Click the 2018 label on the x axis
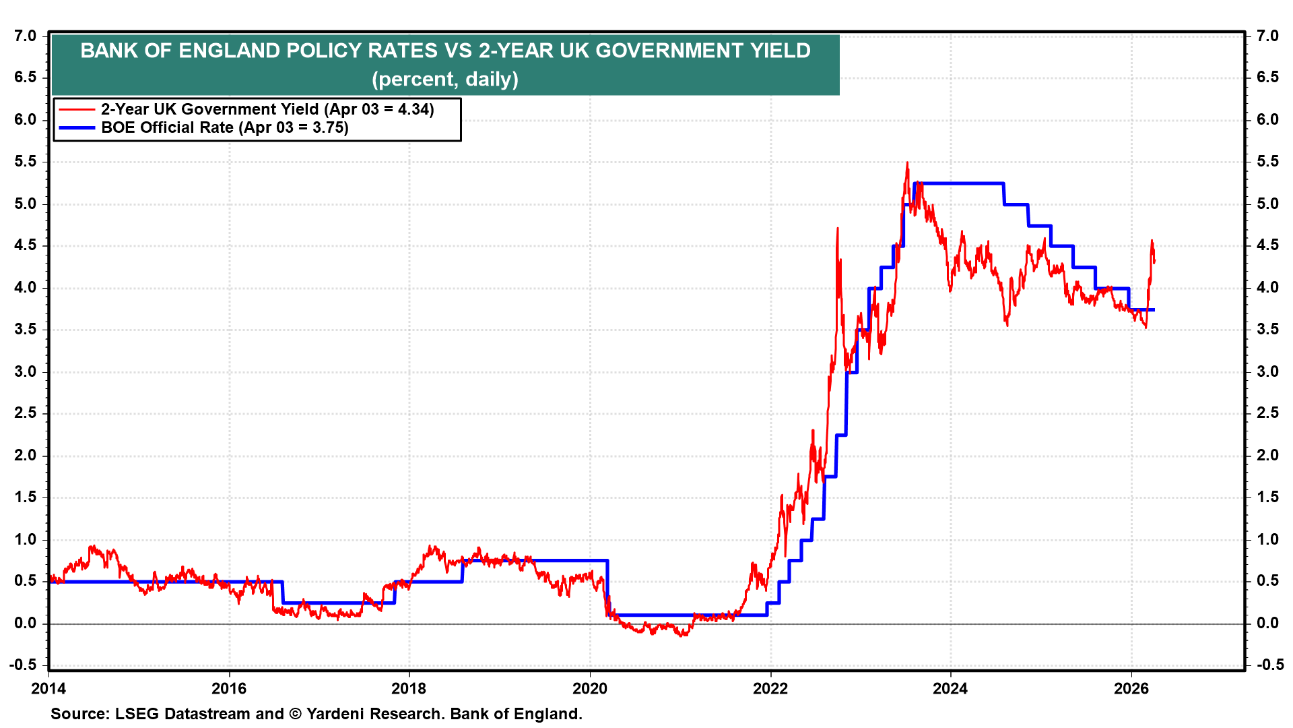[409, 688]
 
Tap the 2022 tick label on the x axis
[770, 688]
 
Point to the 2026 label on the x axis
[1131, 688]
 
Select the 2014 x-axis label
[48, 688]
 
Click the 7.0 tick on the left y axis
[25, 36]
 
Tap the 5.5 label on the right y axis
[1267, 162]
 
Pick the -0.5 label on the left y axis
[23, 665]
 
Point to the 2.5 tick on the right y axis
[1267, 413]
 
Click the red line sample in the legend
[77, 109]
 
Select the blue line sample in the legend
[77, 127]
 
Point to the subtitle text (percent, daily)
[445, 80]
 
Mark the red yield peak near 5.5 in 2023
[907, 163]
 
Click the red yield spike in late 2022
[837, 229]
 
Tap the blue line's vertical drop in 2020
[607, 586]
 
